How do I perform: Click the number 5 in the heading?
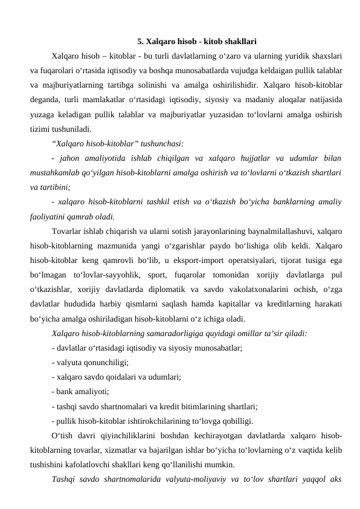click(x=140, y=42)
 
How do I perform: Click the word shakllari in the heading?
click(x=240, y=42)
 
